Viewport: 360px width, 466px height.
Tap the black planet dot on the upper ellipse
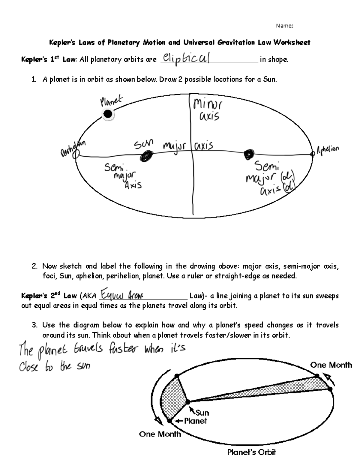click(x=107, y=114)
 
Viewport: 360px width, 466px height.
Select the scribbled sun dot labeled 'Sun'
click(x=146, y=156)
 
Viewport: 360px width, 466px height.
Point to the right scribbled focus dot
click(x=249, y=154)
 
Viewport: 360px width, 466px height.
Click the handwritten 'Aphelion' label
click(x=328, y=149)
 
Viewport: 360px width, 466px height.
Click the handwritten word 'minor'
click(x=208, y=105)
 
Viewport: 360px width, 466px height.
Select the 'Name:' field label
click(x=284, y=26)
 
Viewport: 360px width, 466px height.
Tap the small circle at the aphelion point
click(x=312, y=154)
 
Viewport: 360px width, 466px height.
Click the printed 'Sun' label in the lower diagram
click(x=202, y=413)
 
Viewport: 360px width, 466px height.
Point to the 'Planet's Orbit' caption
click(x=251, y=452)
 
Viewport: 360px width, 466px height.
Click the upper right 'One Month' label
click(x=331, y=365)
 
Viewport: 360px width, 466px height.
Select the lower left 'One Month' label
click(x=160, y=434)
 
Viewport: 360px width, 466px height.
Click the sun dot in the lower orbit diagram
click(x=188, y=401)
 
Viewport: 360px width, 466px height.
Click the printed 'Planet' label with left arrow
click(x=195, y=421)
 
